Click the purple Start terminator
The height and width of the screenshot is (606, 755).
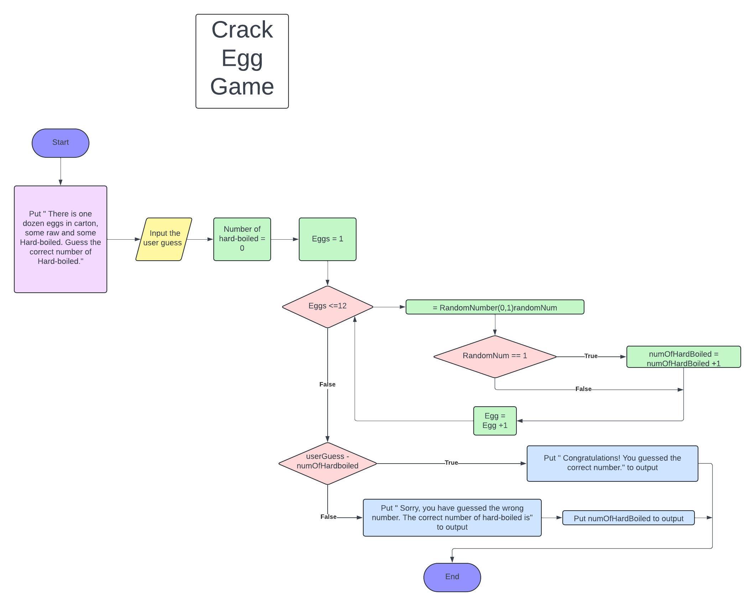(x=60, y=143)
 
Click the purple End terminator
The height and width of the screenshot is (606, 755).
(x=452, y=577)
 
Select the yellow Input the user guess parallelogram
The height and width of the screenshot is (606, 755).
(x=163, y=239)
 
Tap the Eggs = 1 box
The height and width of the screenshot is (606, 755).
(x=327, y=239)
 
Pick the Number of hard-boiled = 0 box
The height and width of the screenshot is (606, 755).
(x=242, y=239)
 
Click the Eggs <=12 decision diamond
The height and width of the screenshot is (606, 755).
(x=327, y=307)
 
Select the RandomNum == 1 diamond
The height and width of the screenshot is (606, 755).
(x=495, y=356)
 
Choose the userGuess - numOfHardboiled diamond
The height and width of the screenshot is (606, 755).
(x=327, y=463)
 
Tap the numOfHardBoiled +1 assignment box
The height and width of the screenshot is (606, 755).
(x=683, y=357)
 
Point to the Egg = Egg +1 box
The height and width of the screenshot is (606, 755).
(x=495, y=420)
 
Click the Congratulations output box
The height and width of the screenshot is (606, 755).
(x=612, y=463)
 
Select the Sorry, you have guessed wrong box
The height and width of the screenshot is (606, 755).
(x=452, y=517)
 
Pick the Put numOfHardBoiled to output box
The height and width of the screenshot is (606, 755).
(x=628, y=518)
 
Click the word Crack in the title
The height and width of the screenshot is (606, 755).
(x=242, y=30)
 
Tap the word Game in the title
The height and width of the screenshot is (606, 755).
(x=242, y=87)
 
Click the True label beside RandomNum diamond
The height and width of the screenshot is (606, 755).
(x=591, y=356)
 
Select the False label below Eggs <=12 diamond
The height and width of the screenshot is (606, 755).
(x=327, y=385)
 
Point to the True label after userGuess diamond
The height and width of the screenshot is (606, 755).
(x=451, y=463)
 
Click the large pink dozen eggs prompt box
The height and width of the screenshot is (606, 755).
(x=60, y=239)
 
